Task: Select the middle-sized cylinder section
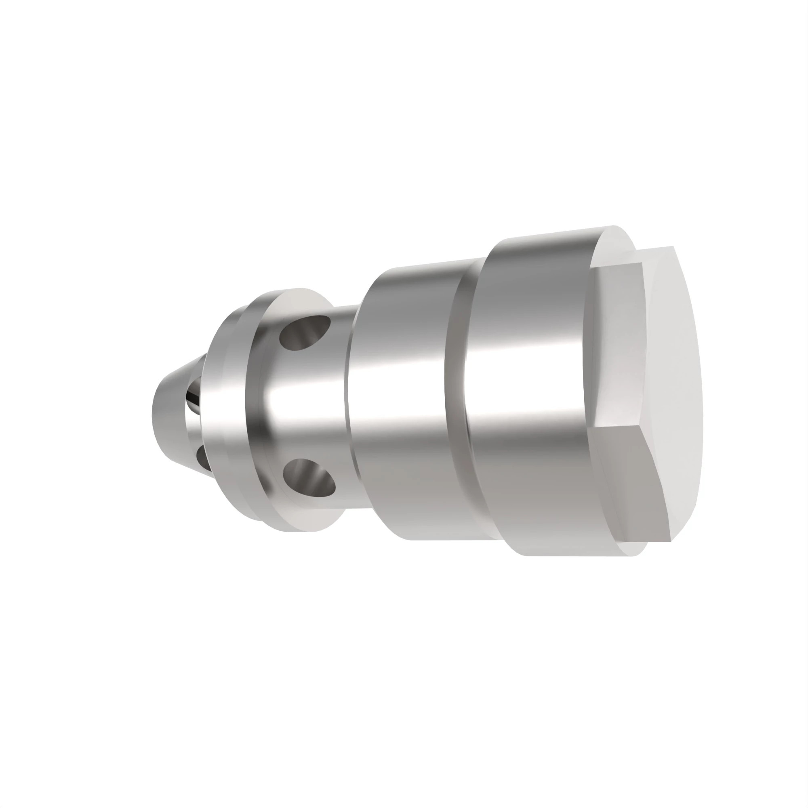[x=397, y=402]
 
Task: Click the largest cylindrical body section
[x=527, y=397]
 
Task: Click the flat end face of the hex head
[x=673, y=377]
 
